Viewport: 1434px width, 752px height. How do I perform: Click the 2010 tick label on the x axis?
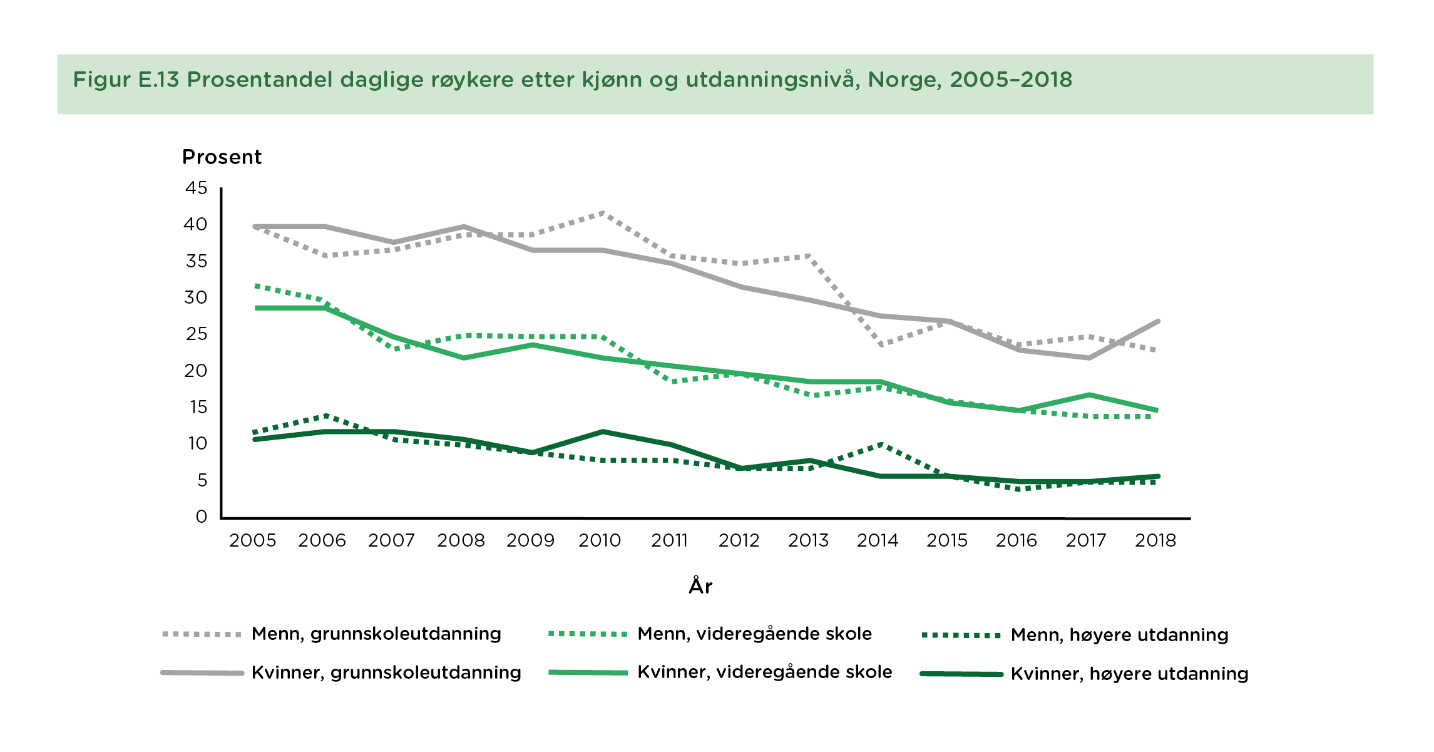click(599, 540)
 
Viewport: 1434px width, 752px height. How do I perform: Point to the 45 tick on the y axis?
click(196, 188)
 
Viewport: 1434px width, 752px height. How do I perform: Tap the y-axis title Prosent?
click(222, 157)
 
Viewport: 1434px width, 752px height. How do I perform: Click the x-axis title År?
click(700, 586)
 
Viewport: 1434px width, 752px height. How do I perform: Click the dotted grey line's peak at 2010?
click(602, 213)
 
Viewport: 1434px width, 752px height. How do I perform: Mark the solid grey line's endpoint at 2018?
click(1159, 321)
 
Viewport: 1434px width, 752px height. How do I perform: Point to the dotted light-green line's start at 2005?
click(255, 286)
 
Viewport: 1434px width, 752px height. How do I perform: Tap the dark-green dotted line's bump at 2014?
click(881, 444)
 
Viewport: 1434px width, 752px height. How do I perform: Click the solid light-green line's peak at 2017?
click(1089, 394)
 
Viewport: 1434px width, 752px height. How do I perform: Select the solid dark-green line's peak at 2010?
click(602, 431)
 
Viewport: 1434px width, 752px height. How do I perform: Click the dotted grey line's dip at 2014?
click(881, 345)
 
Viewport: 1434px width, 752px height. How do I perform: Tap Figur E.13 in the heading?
click(126, 80)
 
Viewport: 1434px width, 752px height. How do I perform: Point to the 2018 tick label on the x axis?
click(1155, 540)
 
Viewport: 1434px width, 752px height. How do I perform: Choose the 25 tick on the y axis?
click(196, 334)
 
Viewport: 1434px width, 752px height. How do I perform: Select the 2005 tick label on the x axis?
click(252, 540)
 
